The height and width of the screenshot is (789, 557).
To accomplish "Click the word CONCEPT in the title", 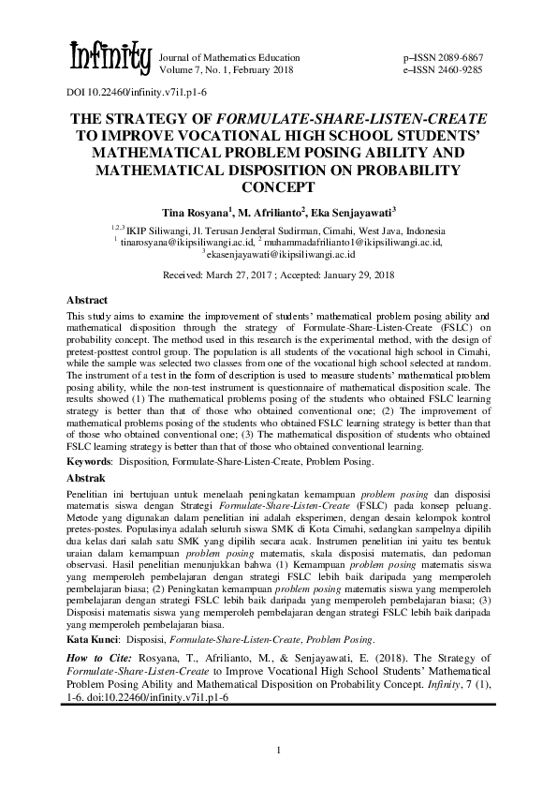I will [278, 186].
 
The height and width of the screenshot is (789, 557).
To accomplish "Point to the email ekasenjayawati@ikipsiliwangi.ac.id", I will [281, 253].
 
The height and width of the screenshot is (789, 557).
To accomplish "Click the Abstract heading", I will [87, 300].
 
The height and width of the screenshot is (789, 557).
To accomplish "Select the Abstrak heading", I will [86, 478].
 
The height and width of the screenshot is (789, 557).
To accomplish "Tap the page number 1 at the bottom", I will [278, 750].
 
